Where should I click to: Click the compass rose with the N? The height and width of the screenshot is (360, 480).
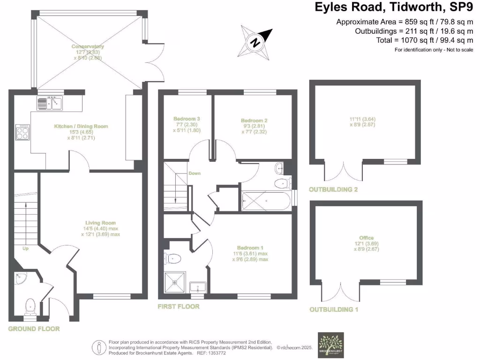(256, 43)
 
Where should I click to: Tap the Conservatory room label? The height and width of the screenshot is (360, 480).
(88, 46)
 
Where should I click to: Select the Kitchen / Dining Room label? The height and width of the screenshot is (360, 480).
(81, 126)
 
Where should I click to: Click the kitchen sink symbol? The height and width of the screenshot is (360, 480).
(49, 103)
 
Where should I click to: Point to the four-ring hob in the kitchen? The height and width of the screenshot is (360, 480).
(22, 132)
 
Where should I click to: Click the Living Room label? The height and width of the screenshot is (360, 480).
(100, 223)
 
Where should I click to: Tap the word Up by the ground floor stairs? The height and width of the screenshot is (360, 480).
(25, 248)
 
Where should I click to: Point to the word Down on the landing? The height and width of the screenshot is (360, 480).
(195, 173)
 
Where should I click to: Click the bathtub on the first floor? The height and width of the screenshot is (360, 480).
(266, 201)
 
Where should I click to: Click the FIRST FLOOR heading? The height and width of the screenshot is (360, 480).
(179, 306)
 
